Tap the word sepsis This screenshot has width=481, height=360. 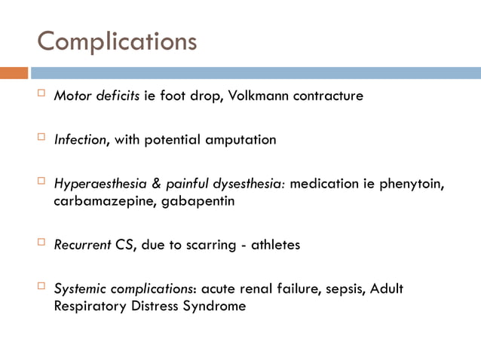pos(333,288)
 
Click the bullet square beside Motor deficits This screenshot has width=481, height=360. pos(41,95)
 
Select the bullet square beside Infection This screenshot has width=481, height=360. pos(41,139)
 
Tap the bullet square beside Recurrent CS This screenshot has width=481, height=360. pos(41,243)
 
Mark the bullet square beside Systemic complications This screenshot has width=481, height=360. pos(41,287)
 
